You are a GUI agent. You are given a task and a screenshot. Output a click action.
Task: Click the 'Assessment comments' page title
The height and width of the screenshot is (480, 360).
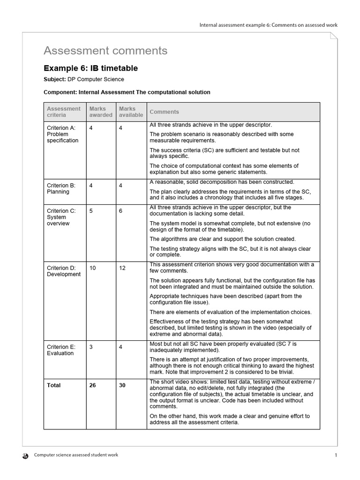click(x=105, y=51)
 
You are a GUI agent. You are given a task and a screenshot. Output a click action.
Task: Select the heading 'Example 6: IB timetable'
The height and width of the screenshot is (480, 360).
click(x=90, y=68)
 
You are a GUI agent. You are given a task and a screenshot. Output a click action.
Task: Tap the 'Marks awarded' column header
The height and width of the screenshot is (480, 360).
click(x=101, y=112)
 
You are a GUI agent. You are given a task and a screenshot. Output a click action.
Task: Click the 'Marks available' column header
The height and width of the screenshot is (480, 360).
click(x=131, y=112)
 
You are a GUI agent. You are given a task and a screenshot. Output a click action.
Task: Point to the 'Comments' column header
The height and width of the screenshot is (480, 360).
click(x=164, y=112)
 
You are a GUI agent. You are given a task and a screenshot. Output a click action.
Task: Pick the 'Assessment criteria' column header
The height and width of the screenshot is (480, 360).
click(x=64, y=112)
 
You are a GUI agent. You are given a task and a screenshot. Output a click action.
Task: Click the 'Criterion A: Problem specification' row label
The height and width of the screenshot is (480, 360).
click(x=63, y=134)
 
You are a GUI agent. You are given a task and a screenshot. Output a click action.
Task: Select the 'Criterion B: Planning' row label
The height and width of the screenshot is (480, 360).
click(x=61, y=188)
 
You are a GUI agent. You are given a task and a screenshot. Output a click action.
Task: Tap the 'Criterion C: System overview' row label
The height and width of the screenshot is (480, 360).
click(x=61, y=217)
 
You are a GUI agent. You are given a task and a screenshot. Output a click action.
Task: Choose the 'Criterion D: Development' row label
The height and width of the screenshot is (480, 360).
click(x=64, y=271)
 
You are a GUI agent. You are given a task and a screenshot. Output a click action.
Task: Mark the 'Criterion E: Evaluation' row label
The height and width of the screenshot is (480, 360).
click(x=61, y=350)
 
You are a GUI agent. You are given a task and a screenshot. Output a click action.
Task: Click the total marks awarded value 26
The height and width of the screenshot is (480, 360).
click(x=92, y=385)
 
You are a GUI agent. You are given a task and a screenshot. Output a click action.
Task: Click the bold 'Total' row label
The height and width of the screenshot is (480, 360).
click(x=54, y=385)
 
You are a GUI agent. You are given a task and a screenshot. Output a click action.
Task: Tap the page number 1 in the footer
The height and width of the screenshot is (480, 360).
click(x=336, y=455)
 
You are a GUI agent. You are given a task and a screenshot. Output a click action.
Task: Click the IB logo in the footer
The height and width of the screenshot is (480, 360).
click(x=25, y=455)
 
